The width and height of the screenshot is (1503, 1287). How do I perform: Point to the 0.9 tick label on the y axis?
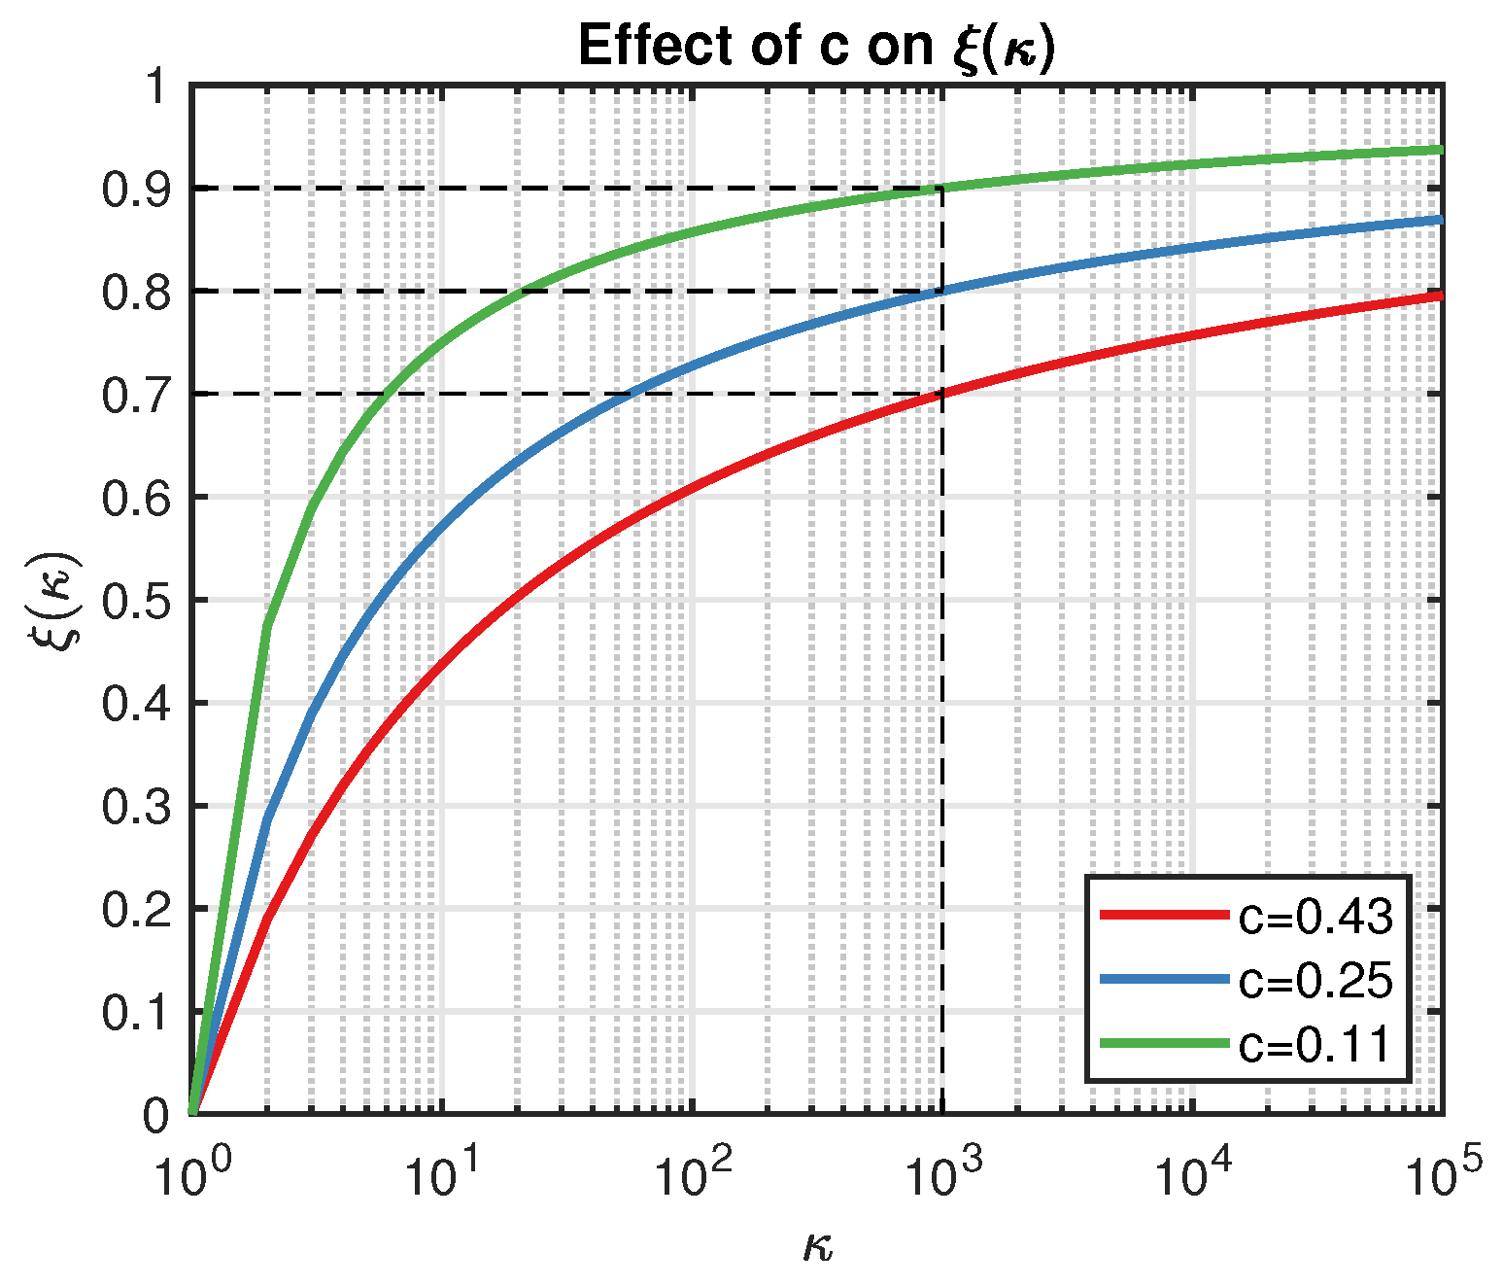pyautogui.click(x=136, y=189)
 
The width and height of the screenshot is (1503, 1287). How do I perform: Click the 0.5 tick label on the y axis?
pyautogui.click(x=136, y=601)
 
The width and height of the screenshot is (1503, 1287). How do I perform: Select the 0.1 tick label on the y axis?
pyautogui.click(x=136, y=1013)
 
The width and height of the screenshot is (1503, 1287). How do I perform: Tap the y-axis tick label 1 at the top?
pyautogui.click(x=157, y=87)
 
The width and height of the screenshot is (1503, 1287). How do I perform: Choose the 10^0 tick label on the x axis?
pyautogui.click(x=193, y=1172)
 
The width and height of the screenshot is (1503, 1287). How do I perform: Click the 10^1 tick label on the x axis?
pyautogui.click(x=443, y=1172)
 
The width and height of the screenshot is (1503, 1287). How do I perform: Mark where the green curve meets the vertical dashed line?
pyautogui.click(x=941, y=188)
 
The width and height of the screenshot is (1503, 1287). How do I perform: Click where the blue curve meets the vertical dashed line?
pyautogui.click(x=941, y=291)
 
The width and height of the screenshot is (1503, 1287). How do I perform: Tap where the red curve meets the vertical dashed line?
pyautogui.click(x=941, y=394)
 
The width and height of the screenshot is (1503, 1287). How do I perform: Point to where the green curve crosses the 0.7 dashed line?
pyautogui.click(x=386, y=394)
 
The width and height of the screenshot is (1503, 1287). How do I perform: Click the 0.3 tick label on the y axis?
pyautogui.click(x=136, y=807)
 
